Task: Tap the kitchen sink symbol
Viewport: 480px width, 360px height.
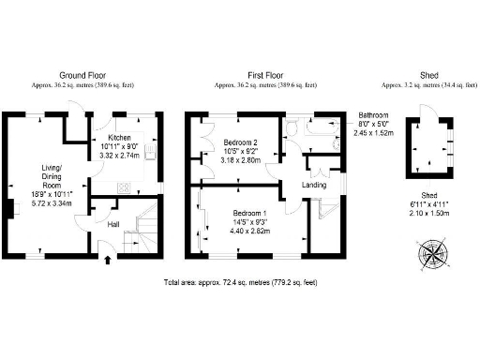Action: click(x=141, y=122)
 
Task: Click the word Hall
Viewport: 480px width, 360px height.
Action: click(x=113, y=224)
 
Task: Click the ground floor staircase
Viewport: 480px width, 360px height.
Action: click(x=143, y=230)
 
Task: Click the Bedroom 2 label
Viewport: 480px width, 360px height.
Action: click(x=242, y=142)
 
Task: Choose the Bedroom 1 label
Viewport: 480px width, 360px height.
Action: click(x=250, y=214)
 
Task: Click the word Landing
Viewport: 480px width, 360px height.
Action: click(x=314, y=185)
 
